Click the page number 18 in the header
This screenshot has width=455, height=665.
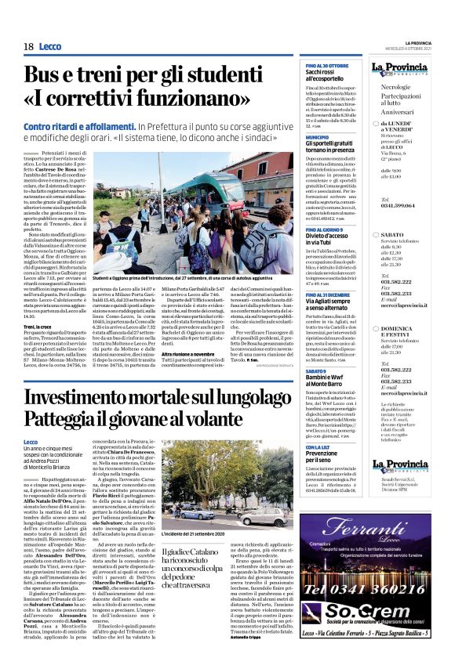click(x=28, y=47)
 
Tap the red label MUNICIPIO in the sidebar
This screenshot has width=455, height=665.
click(x=317, y=136)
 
